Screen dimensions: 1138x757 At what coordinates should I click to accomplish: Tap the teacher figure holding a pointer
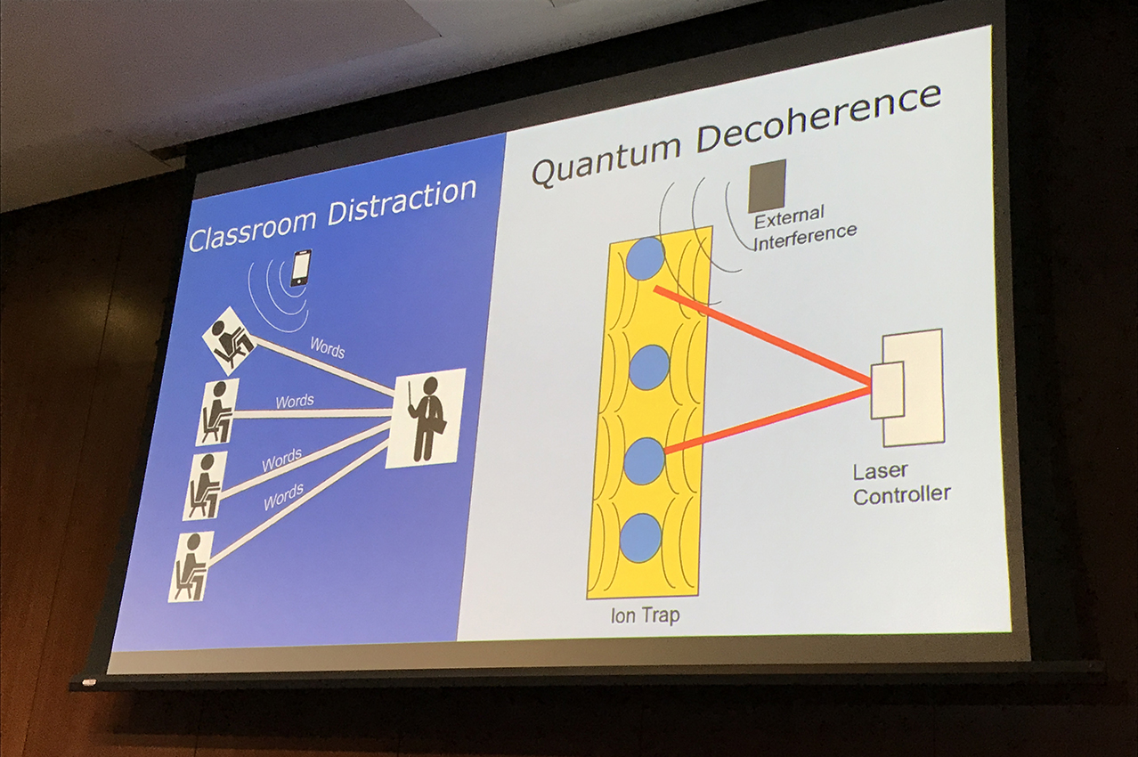pos(426,418)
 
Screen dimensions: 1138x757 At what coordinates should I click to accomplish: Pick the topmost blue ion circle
pos(646,258)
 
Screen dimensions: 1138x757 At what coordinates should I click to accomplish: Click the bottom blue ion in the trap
pos(640,538)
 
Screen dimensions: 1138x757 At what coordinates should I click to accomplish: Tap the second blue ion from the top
pos(648,366)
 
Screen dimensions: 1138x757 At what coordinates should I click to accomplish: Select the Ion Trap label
pos(646,615)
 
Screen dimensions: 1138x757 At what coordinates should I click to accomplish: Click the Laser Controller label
pos(901,483)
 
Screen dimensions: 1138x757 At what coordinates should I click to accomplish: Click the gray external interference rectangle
pos(768,185)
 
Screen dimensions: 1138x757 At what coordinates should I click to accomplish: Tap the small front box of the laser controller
pos(888,391)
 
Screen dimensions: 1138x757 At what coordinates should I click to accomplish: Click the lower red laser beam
pos(768,419)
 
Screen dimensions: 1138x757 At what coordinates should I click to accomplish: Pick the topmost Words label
pos(327,347)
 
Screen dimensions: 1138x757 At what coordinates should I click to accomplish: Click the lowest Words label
pos(283,497)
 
